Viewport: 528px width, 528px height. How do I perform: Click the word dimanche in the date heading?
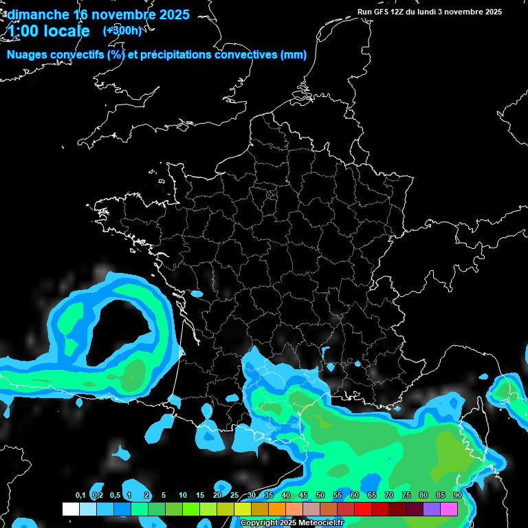point(38,14)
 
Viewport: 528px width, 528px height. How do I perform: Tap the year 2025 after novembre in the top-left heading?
point(174,14)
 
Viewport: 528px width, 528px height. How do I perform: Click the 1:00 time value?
point(23,31)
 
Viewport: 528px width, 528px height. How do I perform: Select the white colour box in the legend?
point(70,509)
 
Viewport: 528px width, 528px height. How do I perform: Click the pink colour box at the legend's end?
point(449,509)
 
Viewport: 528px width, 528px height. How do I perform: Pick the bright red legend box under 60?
point(363,509)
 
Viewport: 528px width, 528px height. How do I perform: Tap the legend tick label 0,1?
point(80,496)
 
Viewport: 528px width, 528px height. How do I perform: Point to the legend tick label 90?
point(457,496)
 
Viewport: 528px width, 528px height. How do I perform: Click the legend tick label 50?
point(320,496)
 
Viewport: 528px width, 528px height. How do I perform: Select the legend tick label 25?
point(234,496)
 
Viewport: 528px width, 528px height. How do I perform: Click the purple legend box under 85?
point(432,509)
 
